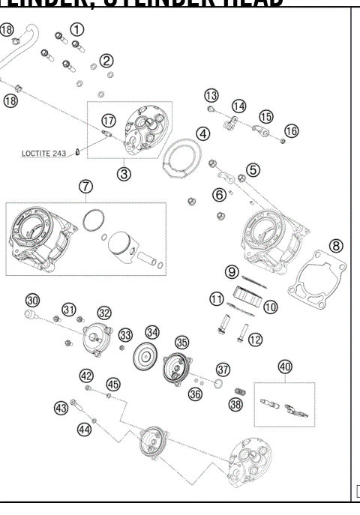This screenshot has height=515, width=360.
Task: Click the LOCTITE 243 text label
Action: point(43,156)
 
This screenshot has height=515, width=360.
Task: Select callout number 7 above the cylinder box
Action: point(85,186)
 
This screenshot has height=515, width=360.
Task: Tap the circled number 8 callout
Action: point(337,245)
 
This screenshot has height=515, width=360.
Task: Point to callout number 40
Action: point(284,367)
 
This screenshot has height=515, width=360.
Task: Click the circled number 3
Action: point(123,172)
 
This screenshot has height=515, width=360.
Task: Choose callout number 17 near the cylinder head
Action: point(109,120)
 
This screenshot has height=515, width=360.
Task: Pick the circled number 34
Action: point(153,331)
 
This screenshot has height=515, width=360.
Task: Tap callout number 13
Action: point(211,95)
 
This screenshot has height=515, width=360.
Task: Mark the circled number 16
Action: point(291,130)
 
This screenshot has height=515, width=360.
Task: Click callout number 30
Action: point(31,299)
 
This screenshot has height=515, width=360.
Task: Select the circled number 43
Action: point(61,408)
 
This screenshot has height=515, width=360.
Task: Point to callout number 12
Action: point(255,340)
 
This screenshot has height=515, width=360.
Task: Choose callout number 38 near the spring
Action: point(237,405)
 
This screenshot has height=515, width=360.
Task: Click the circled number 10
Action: point(249,306)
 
